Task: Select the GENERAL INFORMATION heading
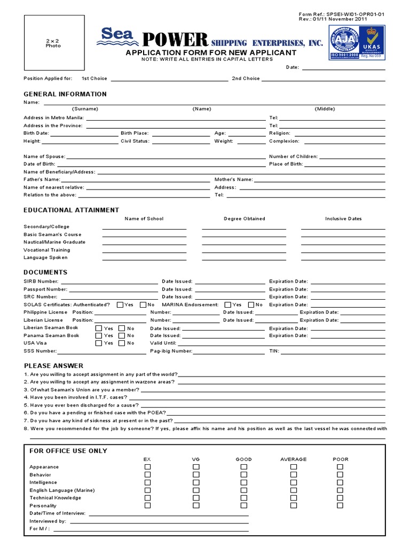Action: point(65,94)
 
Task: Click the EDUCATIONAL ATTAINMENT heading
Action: point(72,210)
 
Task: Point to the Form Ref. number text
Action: point(341,14)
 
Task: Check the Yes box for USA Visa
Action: point(99,343)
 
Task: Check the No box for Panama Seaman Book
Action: point(122,335)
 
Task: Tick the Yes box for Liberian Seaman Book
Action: point(99,328)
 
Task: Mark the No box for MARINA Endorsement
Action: point(251,304)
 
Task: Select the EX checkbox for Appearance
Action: point(147,467)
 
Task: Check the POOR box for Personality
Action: point(340,505)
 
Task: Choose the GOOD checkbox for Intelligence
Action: point(244,482)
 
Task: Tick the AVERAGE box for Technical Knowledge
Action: point(293,497)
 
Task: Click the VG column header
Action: point(196,459)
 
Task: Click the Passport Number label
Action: point(45,289)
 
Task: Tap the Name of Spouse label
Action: point(44,157)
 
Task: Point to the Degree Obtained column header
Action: point(244,218)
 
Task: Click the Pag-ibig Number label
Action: point(171,351)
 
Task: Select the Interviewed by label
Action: point(48,521)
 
